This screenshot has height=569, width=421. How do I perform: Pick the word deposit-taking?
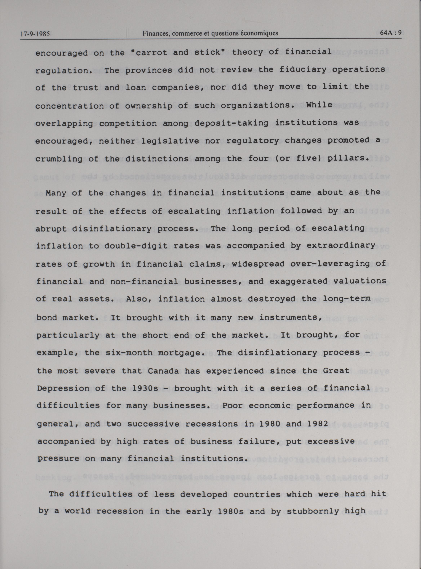231,123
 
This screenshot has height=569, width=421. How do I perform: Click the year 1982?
318,424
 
